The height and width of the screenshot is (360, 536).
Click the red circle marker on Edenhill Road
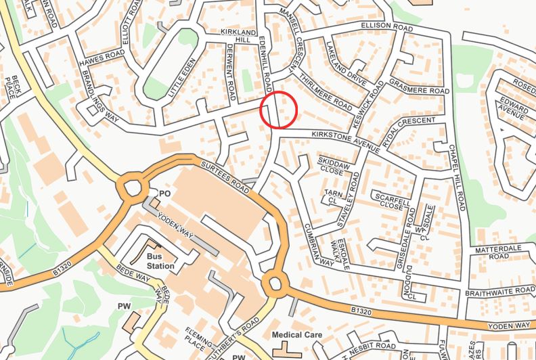click(x=280, y=110)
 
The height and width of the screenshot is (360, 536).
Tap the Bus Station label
click(x=160, y=261)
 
